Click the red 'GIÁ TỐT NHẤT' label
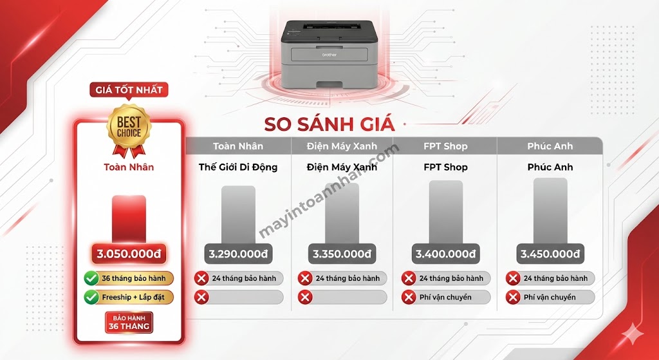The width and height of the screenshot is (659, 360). pyautogui.click(x=129, y=90)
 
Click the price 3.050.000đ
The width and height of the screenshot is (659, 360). pyautogui.click(x=129, y=254)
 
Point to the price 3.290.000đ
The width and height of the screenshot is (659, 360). pyautogui.click(x=238, y=254)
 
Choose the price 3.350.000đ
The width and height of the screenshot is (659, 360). pyautogui.click(x=342, y=254)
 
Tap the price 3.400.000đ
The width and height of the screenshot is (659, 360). pyautogui.click(x=445, y=254)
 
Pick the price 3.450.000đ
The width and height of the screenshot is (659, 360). pyautogui.click(x=550, y=254)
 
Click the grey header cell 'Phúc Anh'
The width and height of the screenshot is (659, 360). pyautogui.click(x=550, y=146)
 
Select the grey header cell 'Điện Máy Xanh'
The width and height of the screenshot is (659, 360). pyautogui.click(x=342, y=146)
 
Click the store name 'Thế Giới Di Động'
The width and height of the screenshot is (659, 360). pyautogui.click(x=238, y=167)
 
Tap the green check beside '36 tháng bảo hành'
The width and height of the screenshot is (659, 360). pyautogui.click(x=91, y=278)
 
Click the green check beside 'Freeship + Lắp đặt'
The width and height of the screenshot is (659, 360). pyautogui.click(x=91, y=298)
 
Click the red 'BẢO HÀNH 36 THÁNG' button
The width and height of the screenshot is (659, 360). pyautogui.click(x=129, y=322)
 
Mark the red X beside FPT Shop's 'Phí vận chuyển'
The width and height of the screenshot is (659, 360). pyautogui.click(x=409, y=298)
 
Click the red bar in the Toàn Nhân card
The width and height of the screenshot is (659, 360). pyautogui.click(x=129, y=219)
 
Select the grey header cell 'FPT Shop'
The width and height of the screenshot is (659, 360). pyautogui.click(x=445, y=146)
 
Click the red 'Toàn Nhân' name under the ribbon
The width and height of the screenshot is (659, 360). pyautogui.click(x=129, y=167)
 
